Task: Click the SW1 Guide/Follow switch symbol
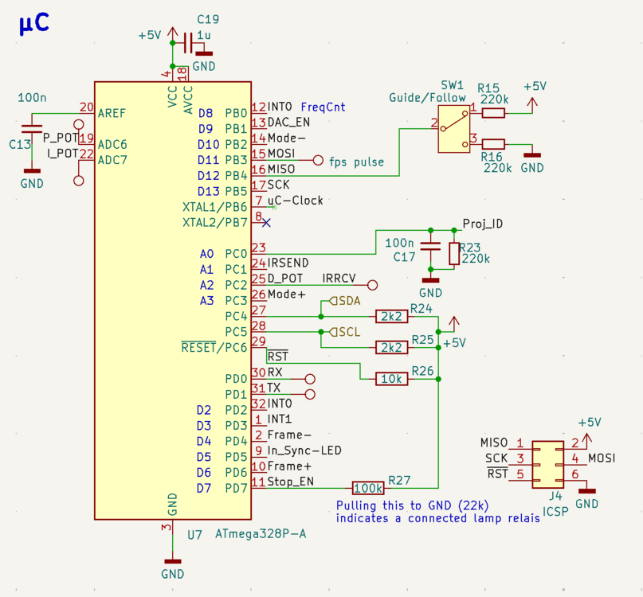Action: point(453,127)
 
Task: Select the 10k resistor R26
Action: point(391,379)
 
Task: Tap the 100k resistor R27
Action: point(368,487)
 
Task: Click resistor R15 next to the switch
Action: point(493,112)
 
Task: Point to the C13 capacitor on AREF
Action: point(32,128)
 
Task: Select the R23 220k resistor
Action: point(453,253)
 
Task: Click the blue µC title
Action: point(33,24)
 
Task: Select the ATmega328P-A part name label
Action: point(261,533)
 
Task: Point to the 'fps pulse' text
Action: point(356,162)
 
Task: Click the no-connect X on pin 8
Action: point(267,222)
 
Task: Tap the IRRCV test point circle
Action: point(372,284)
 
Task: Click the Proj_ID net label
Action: point(482,224)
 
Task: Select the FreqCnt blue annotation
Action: point(323,107)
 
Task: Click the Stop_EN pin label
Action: point(290,482)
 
